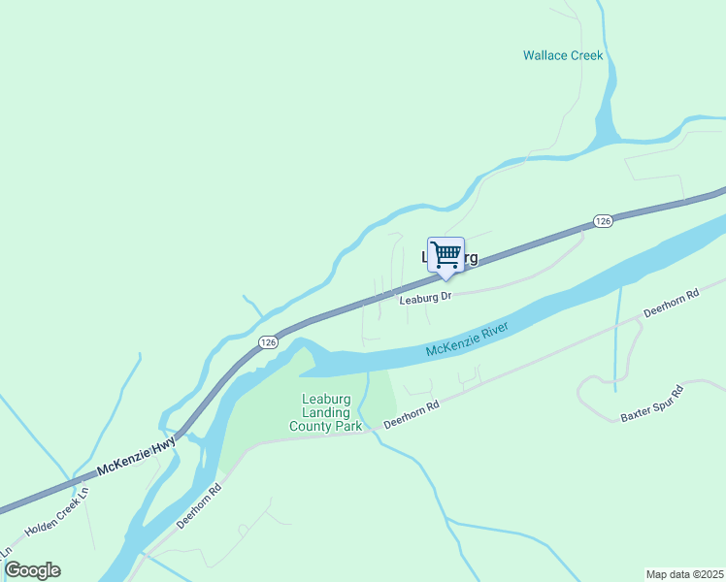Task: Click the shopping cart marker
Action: pyautogui.click(x=445, y=255)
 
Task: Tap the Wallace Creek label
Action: pyautogui.click(x=563, y=55)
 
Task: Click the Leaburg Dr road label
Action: pyautogui.click(x=426, y=299)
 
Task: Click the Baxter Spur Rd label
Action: pyautogui.click(x=652, y=404)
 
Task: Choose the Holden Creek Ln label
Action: pyautogui.click(x=57, y=514)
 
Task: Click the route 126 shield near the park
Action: pyautogui.click(x=269, y=342)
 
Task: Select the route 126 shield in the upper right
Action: pyautogui.click(x=603, y=221)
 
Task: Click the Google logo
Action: pyautogui.click(x=32, y=570)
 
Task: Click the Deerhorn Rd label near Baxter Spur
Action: pyautogui.click(x=671, y=304)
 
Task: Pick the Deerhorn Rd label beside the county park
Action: pyautogui.click(x=412, y=415)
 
